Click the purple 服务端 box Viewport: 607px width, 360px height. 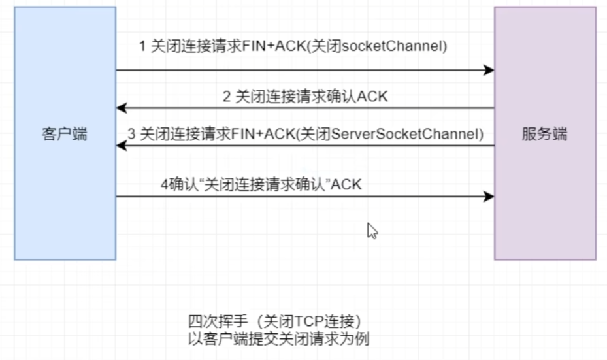point(545,196)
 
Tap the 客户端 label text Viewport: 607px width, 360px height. point(65,135)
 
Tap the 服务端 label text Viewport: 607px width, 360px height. point(545,135)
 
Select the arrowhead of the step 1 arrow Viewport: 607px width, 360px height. point(489,70)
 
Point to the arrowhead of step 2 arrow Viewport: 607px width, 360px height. point(121,108)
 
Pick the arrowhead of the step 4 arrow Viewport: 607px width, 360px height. point(489,196)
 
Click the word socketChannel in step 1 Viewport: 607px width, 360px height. point(403,46)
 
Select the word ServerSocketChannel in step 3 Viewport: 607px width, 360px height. point(406,135)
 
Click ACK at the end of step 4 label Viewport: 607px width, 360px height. point(347,185)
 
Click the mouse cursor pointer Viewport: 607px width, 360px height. point(372,231)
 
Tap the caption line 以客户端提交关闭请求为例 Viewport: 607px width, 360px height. point(282,338)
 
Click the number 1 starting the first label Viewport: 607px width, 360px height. point(142,46)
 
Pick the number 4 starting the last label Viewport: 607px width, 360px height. point(164,185)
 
